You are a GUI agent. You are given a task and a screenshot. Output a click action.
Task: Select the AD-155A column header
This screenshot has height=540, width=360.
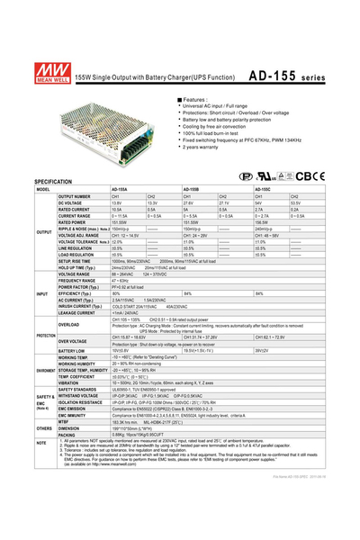pos(119,190)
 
